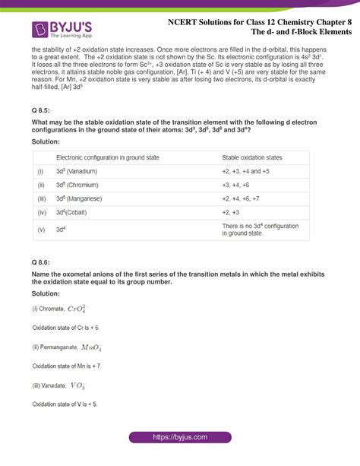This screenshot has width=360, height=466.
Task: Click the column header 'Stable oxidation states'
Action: [251, 157]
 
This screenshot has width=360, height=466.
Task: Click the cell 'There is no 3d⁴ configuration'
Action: [260, 226]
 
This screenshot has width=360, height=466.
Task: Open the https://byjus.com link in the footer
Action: [180, 438]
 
